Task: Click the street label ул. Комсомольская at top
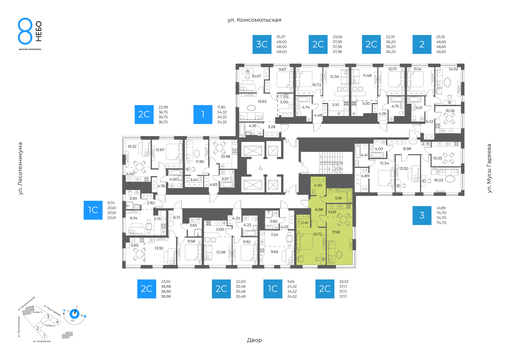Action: (x=254, y=20)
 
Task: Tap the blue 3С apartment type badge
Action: (x=262, y=44)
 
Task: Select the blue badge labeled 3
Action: (x=422, y=215)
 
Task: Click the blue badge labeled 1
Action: (x=203, y=115)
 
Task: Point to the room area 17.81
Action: (x=336, y=232)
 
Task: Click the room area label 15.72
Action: (x=318, y=234)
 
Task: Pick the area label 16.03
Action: (x=438, y=180)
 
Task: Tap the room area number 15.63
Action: (x=262, y=102)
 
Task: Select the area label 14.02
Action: (x=454, y=69)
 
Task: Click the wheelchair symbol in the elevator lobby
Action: (x=261, y=168)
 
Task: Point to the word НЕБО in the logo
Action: (x=39, y=31)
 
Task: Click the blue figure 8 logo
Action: (x=25, y=31)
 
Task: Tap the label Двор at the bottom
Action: (x=254, y=340)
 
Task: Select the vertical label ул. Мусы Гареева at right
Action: (x=489, y=168)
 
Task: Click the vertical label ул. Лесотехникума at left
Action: (x=21, y=169)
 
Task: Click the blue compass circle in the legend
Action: (x=74, y=314)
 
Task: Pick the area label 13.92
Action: (x=159, y=248)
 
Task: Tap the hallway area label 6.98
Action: (x=319, y=210)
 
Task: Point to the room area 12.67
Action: (x=160, y=150)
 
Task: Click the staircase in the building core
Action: (x=331, y=163)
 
